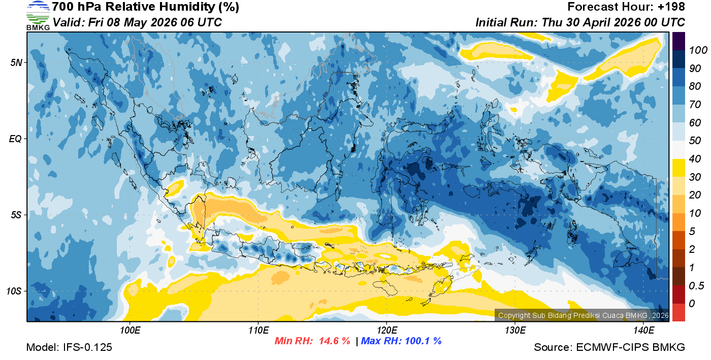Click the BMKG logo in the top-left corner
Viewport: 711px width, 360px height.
click(38, 15)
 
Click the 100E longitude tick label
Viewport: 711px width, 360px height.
click(130, 331)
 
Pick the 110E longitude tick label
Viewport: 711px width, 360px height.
click(258, 331)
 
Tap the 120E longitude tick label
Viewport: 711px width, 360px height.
click(386, 331)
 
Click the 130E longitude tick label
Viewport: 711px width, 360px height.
click(515, 331)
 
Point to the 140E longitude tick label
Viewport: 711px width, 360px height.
click(643, 331)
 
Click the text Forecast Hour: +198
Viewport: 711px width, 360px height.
click(626, 7)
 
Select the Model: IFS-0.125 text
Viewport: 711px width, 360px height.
click(69, 347)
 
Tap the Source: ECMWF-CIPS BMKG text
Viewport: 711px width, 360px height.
click(609, 347)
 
